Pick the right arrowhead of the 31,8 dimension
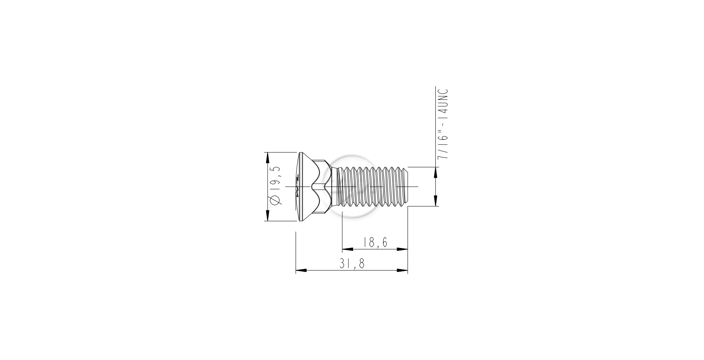pyautogui.click(x=402, y=271)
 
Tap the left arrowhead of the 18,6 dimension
pyautogui.click(x=348, y=249)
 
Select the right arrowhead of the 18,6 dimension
pyautogui.click(x=402, y=249)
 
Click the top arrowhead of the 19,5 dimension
pyautogui.click(x=267, y=158)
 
